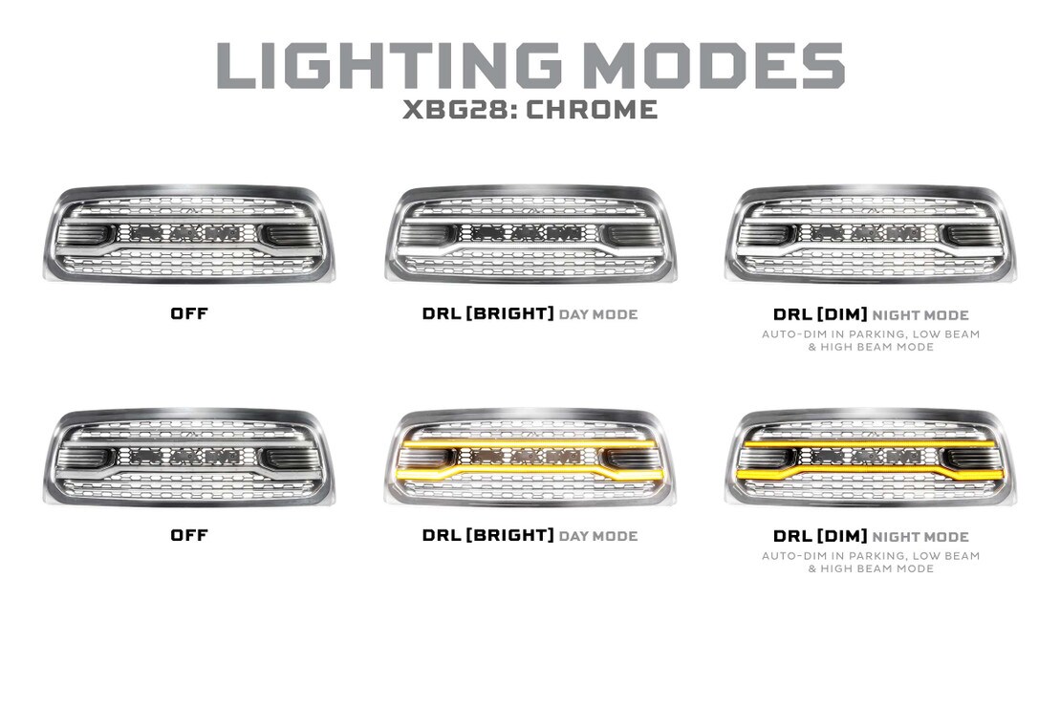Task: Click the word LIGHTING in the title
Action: pos(389,66)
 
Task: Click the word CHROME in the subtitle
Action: pos(592,110)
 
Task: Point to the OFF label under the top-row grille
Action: pos(189,313)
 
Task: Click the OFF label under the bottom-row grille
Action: pos(189,535)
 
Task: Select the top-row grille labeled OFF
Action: pos(188,233)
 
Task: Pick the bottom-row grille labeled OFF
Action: pos(188,457)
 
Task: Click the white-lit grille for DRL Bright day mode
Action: pos(530,233)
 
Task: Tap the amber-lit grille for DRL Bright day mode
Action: pos(530,457)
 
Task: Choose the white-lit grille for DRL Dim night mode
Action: pos(871,233)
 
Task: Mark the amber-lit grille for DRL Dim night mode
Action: pos(871,457)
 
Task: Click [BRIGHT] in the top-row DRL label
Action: pos(509,313)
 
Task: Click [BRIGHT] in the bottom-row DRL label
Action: pos(509,535)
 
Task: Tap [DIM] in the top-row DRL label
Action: pos(842,314)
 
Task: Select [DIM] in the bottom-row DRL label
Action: pos(842,536)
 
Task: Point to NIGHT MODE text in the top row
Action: pos(920,315)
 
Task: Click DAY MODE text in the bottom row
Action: pos(598,536)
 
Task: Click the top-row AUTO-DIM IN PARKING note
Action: pos(871,340)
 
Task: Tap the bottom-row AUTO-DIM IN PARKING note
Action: pos(871,562)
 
